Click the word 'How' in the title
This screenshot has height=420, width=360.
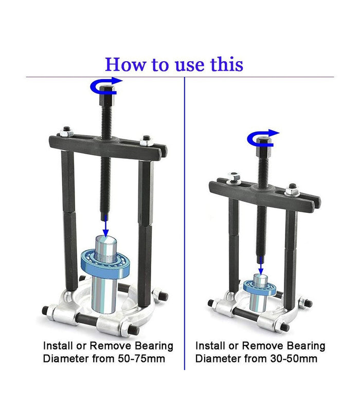(x=125, y=64)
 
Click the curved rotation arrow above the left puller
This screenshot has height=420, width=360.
(x=106, y=86)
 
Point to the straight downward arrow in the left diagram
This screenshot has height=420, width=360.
(x=106, y=226)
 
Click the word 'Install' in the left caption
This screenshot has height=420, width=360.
(x=58, y=345)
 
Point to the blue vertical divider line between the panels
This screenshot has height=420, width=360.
(x=185, y=224)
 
